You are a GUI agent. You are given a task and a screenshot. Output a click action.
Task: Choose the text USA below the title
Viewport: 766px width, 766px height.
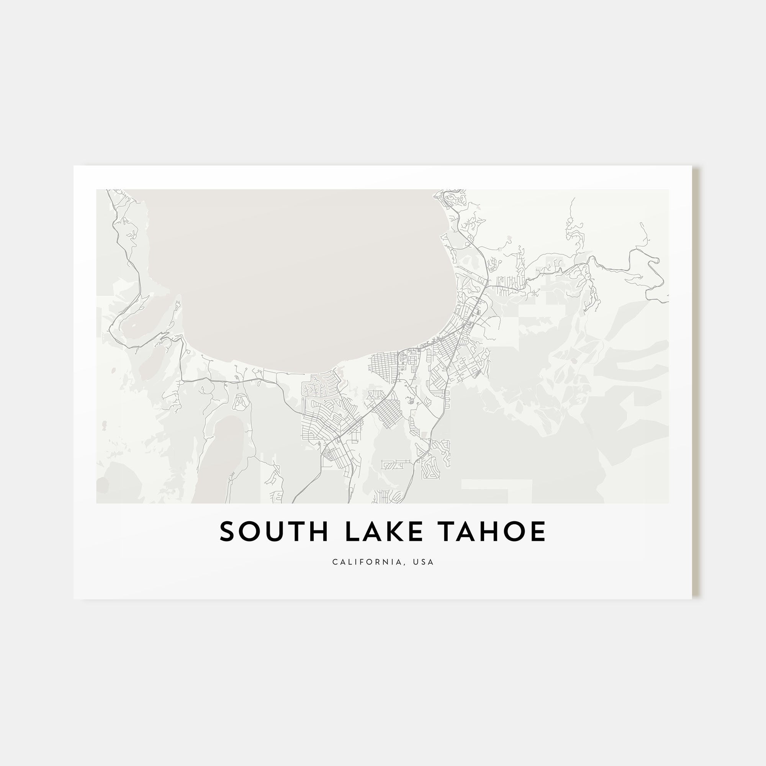[x=423, y=562]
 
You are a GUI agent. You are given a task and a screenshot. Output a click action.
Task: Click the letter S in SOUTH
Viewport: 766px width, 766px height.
[x=228, y=532]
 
